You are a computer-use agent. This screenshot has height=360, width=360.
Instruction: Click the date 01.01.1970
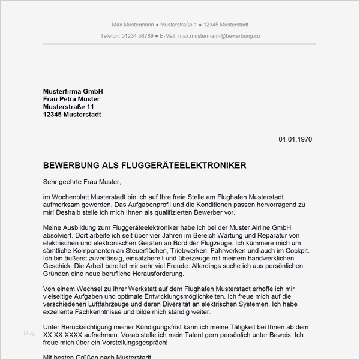click(295, 139)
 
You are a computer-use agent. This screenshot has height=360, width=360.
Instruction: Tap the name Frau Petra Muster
click(71, 99)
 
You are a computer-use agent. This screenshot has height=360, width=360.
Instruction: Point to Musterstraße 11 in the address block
click(69, 107)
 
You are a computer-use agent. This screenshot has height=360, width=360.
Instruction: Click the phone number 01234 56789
click(137, 36)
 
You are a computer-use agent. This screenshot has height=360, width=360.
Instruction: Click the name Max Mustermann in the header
click(133, 24)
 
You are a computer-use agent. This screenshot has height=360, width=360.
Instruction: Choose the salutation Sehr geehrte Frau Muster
click(82, 181)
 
